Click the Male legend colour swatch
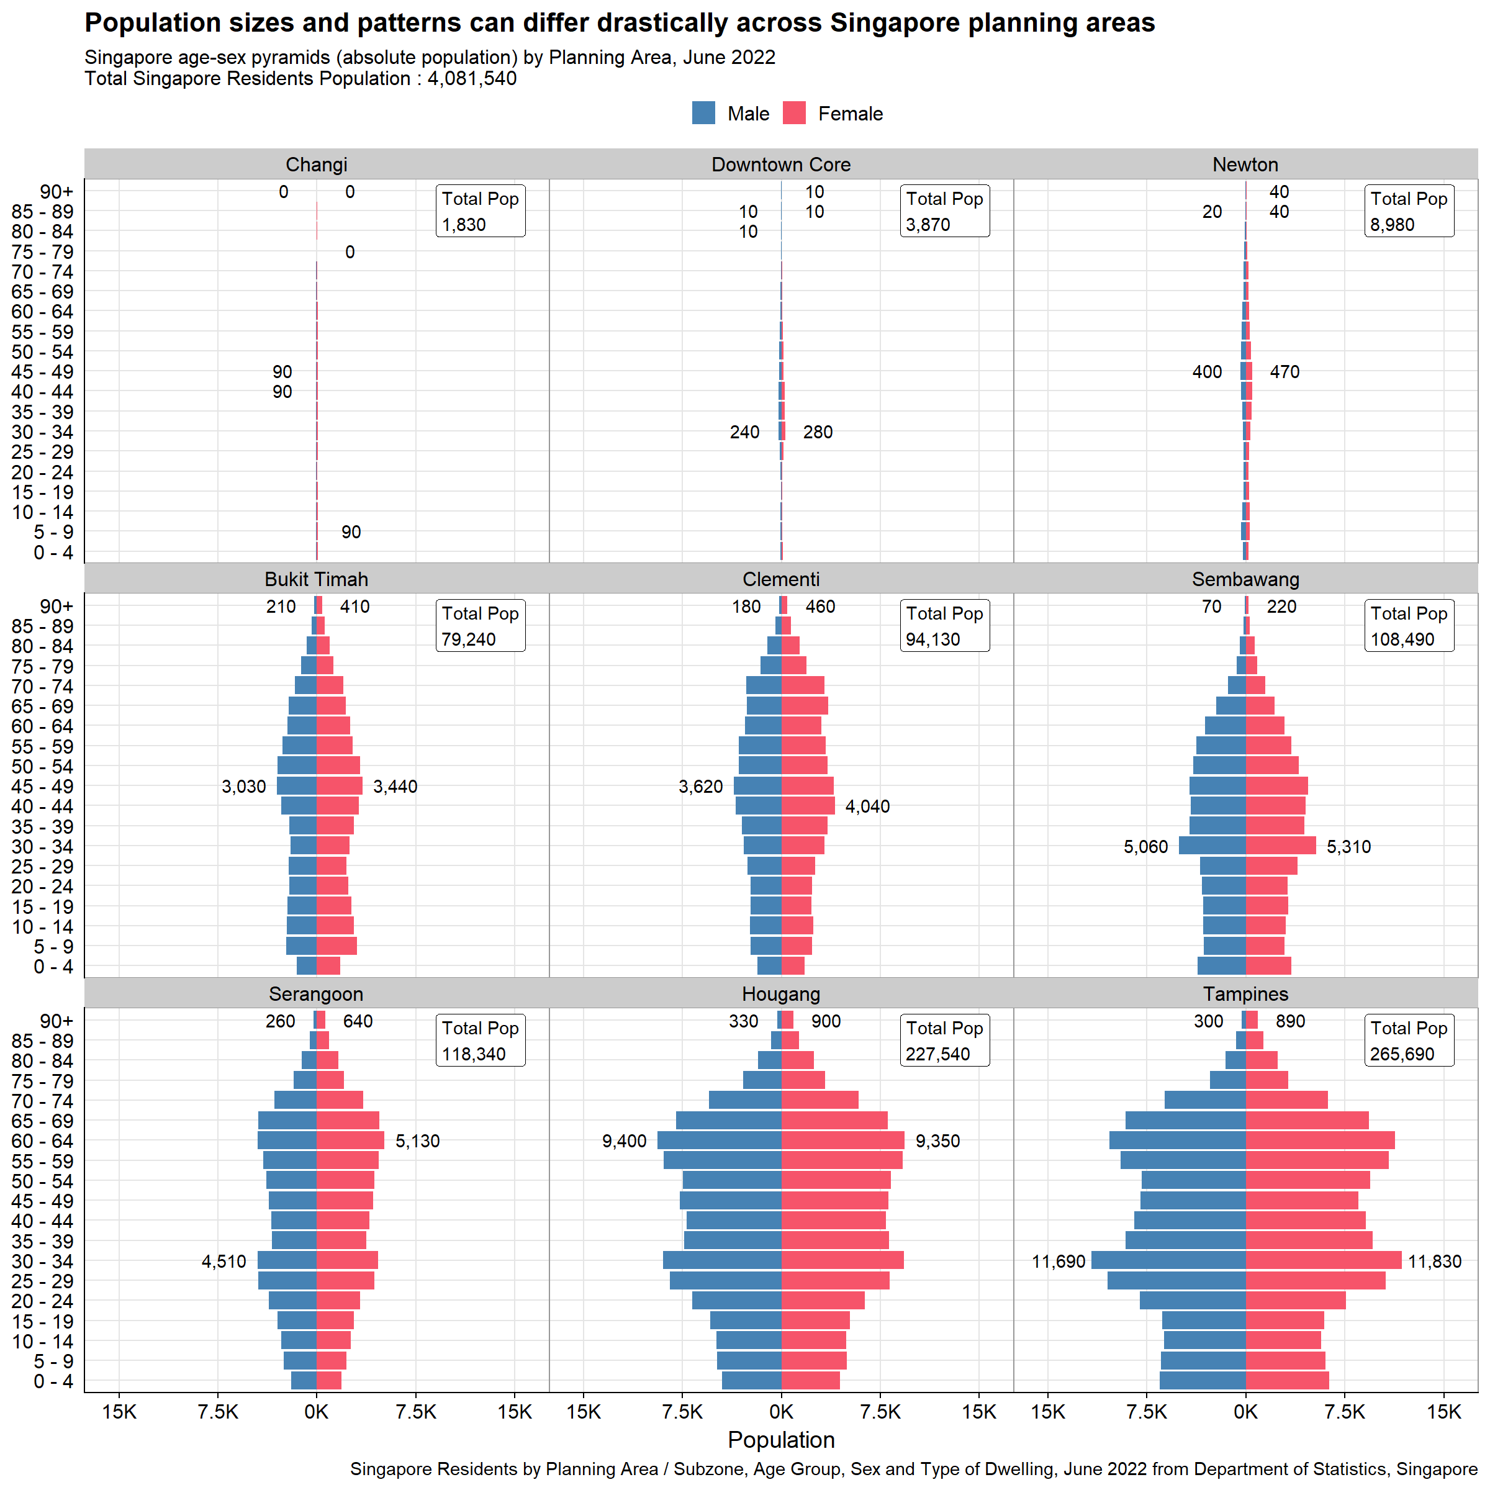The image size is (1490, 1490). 703,114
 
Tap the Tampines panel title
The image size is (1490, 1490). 1245,994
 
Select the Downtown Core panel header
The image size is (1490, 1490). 780,165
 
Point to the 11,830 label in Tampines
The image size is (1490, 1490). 1435,1262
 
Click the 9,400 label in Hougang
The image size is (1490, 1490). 624,1142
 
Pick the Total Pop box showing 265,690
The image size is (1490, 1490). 1408,1041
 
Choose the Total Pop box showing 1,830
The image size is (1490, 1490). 480,210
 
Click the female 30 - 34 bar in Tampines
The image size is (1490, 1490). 1324,1261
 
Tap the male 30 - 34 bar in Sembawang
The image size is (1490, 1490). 1212,846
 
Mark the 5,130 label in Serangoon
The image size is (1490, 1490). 417,1142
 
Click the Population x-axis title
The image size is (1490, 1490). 780,1440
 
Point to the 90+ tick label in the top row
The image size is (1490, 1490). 56,191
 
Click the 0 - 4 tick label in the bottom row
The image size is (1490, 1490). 53,1381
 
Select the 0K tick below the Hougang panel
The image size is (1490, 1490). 780,1412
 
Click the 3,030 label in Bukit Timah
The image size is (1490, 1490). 244,787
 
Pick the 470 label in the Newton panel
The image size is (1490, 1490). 1284,372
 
